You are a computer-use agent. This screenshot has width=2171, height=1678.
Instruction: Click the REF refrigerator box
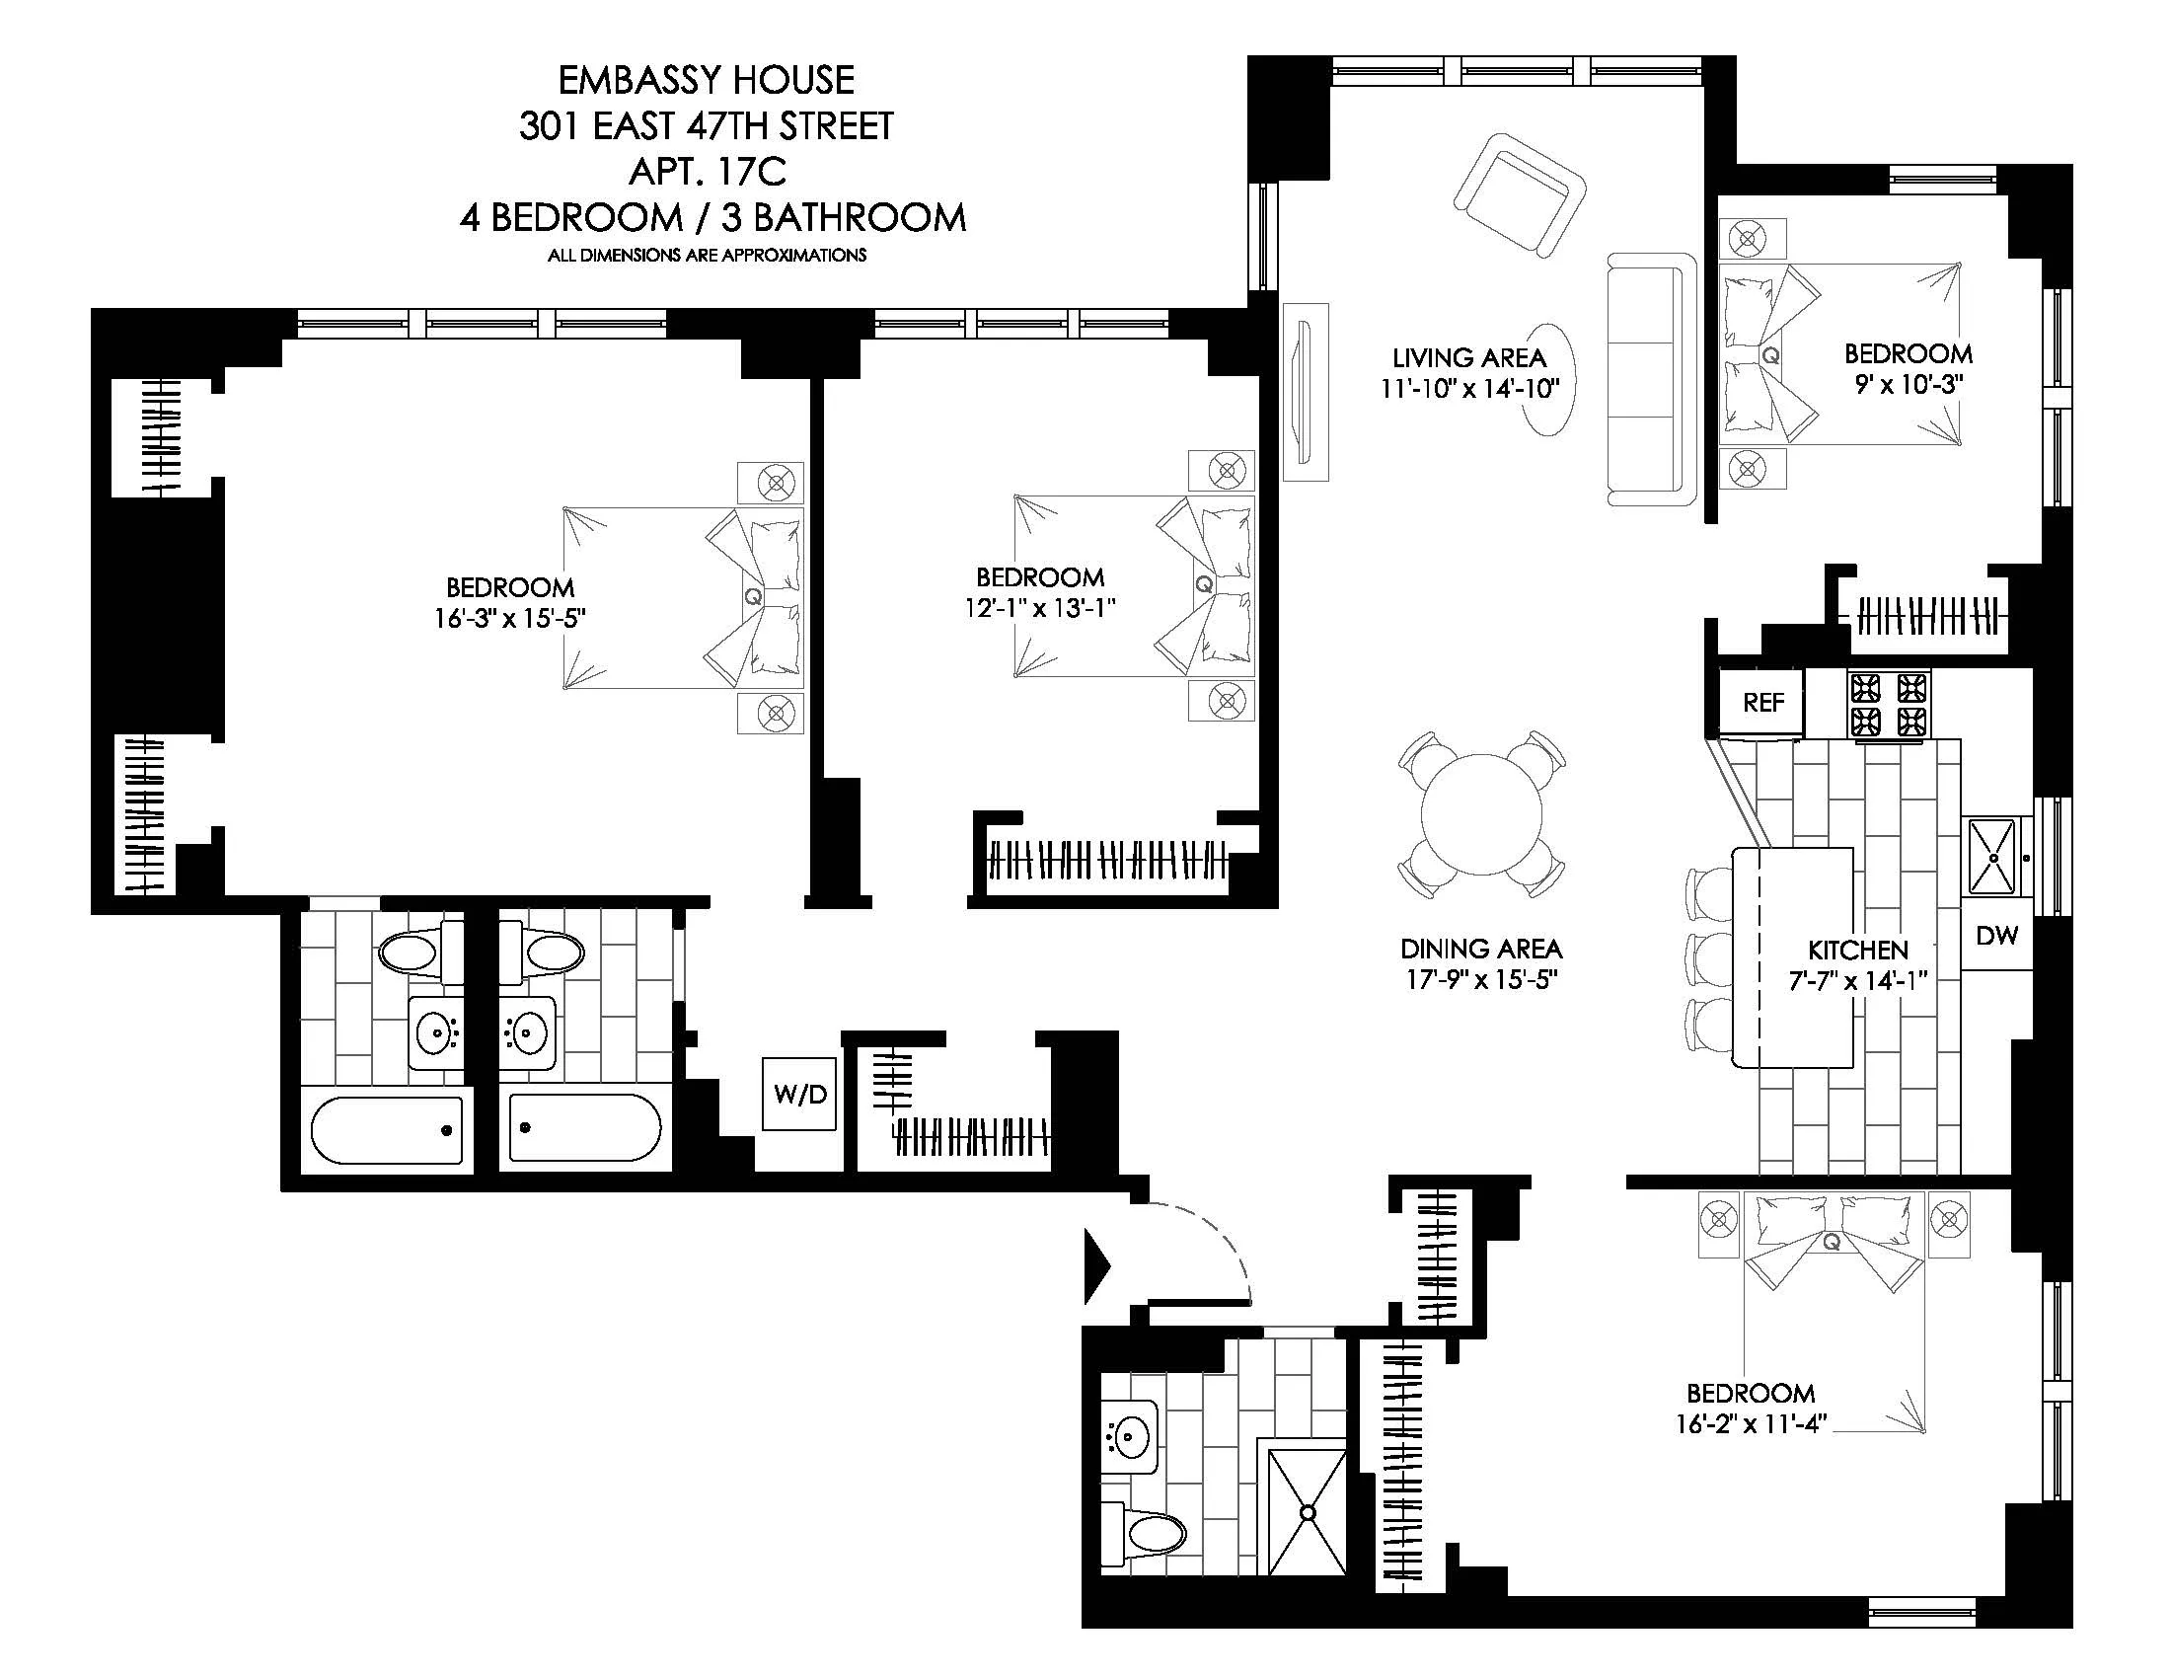(1762, 703)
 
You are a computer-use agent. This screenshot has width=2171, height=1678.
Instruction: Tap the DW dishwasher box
(1996, 936)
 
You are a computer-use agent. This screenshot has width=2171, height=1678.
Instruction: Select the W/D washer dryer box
(799, 1095)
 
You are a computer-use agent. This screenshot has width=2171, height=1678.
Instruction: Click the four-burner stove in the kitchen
(1888, 705)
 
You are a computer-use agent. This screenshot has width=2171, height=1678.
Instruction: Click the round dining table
(1481, 813)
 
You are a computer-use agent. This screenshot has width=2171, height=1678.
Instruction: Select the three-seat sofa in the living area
(1651, 380)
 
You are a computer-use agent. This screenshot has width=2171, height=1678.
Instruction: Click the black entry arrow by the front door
(1095, 1266)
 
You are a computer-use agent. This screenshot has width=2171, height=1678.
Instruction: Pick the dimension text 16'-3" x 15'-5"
(509, 618)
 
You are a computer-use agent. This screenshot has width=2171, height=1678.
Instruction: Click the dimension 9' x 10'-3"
(1908, 384)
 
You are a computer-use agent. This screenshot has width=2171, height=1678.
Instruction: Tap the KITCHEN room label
(1857, 950)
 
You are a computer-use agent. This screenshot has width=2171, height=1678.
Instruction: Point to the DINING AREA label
(1480, 949)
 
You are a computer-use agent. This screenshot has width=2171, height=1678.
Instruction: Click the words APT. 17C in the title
(707, 171)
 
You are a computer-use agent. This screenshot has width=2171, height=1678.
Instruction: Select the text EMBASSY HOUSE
(706, 80)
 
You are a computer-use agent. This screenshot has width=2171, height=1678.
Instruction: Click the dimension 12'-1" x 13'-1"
(1040, 607)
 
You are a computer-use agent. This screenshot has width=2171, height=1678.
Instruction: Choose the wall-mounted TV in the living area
(1305, 392)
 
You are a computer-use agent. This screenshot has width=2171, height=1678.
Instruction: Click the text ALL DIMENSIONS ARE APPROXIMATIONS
(707, 256)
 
